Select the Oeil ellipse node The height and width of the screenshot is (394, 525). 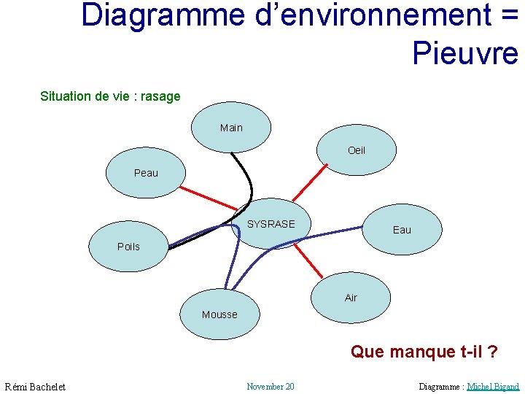(x=357, y=150)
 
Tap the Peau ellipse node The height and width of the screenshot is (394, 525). (x=146, y=174)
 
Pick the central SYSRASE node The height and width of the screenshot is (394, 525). (x=271, y=224)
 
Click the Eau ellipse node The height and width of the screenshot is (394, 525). (x=402, y=229)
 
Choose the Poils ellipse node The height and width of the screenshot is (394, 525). (x=128, y=247)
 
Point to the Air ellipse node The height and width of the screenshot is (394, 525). (x=351, y=298)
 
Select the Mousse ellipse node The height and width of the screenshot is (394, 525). (x=219, y=314)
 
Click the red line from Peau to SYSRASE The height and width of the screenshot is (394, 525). (x=208, y=198)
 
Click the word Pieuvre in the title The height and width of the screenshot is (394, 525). (x=464, y=53)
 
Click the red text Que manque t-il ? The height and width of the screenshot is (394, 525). (x=424, y=352)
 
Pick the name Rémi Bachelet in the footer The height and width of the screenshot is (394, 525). (x=35, y=387)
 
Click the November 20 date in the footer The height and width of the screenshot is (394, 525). (x=271, y=386)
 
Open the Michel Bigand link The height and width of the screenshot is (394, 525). (x=493, y=386)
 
